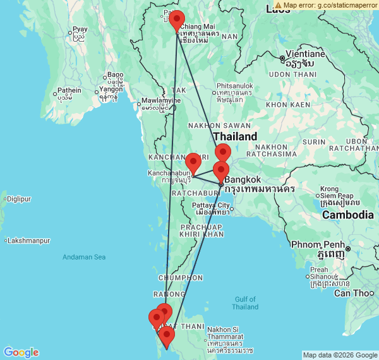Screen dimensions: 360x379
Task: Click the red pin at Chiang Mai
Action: coord(177,20)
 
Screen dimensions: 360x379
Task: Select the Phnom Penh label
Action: coord(316,244)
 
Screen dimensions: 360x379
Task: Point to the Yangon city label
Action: coord(111,90)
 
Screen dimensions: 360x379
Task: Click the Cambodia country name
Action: coord(348,215)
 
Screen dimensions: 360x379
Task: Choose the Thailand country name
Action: coord(235,136)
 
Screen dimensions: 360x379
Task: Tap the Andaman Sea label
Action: coord(84,257)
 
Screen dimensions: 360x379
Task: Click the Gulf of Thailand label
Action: coord(245,303)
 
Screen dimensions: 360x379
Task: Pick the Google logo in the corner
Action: coord(20,352)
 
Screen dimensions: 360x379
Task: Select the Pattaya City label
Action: coord(212,205)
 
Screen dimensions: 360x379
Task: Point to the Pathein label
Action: coord(69,90)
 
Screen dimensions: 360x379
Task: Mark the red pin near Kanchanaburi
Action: coord(193,161)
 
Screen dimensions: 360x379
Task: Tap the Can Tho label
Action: coord(354,293)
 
